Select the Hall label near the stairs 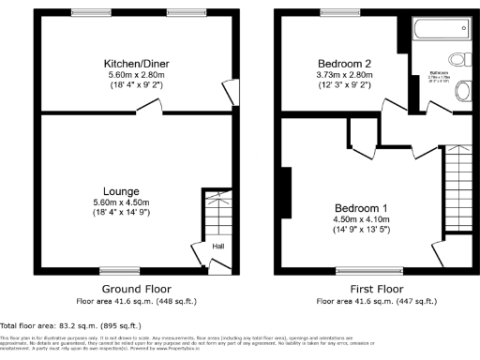pos(217,247)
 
